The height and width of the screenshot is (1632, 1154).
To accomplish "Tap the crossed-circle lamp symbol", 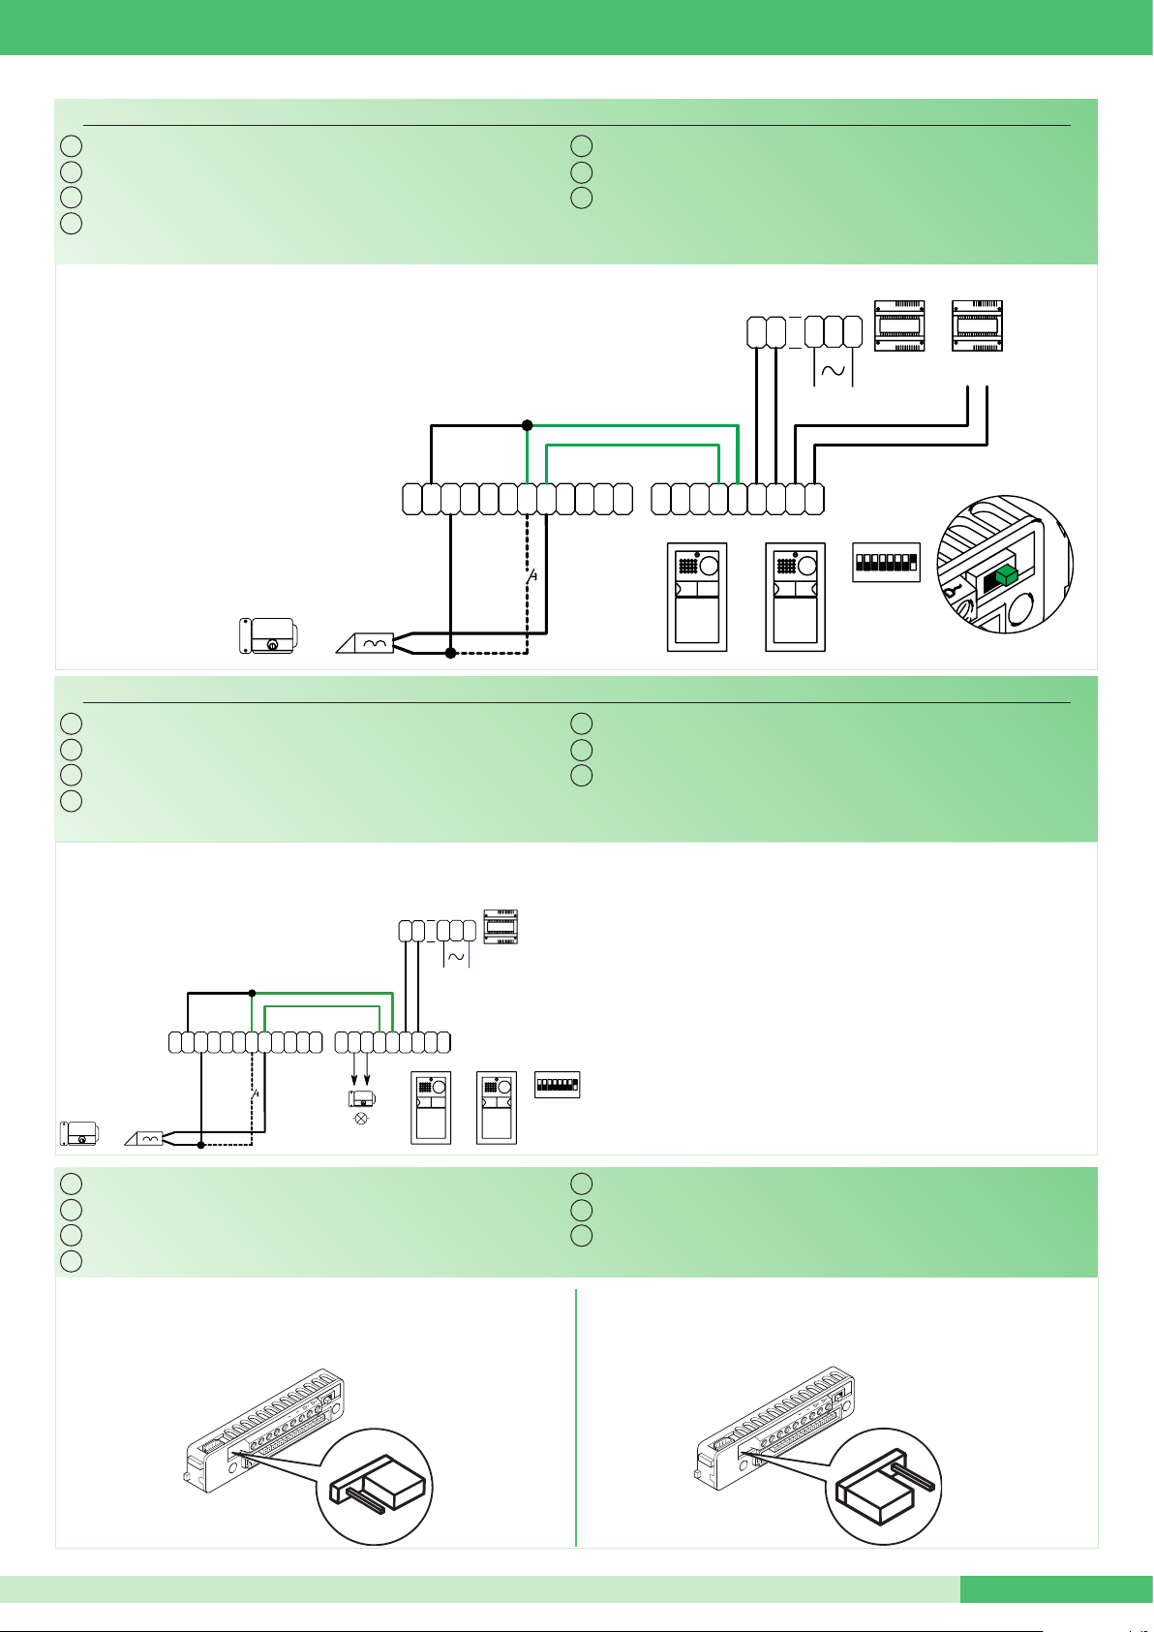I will click(x=362, y=1118).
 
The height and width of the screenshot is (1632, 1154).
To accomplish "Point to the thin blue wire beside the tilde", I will click(x=469, y=956).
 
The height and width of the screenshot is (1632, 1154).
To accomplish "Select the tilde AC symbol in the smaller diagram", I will click(x=455, y=956).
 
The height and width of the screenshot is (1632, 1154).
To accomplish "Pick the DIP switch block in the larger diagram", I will click(x=886, y=562).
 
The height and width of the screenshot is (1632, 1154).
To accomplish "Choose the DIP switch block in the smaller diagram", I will click(x=557, y=1084).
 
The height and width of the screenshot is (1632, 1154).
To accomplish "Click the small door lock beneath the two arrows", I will click(x=361, y=1098).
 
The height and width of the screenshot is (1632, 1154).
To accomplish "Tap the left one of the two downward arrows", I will click(x=353, y=1075).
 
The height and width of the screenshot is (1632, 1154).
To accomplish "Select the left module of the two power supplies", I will click(x=899, y=323).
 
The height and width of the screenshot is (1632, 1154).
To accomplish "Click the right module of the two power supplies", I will click(x=977, y=323).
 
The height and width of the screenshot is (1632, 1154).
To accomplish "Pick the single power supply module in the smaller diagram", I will click(x=501, y=927).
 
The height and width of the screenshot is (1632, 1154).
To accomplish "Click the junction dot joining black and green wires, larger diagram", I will click(x=527, y=425).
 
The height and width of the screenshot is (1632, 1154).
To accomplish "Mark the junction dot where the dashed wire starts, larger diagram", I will click(x=450, y=654).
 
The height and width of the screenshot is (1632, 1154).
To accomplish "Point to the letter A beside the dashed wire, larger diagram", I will click(x=532, y=576).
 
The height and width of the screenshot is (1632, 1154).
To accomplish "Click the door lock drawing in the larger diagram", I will click(x=268, y=636).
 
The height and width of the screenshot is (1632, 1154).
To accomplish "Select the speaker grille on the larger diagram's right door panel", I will click(x=785, y=567).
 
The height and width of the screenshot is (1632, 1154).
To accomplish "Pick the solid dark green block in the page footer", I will click(x=1056, y=1589).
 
